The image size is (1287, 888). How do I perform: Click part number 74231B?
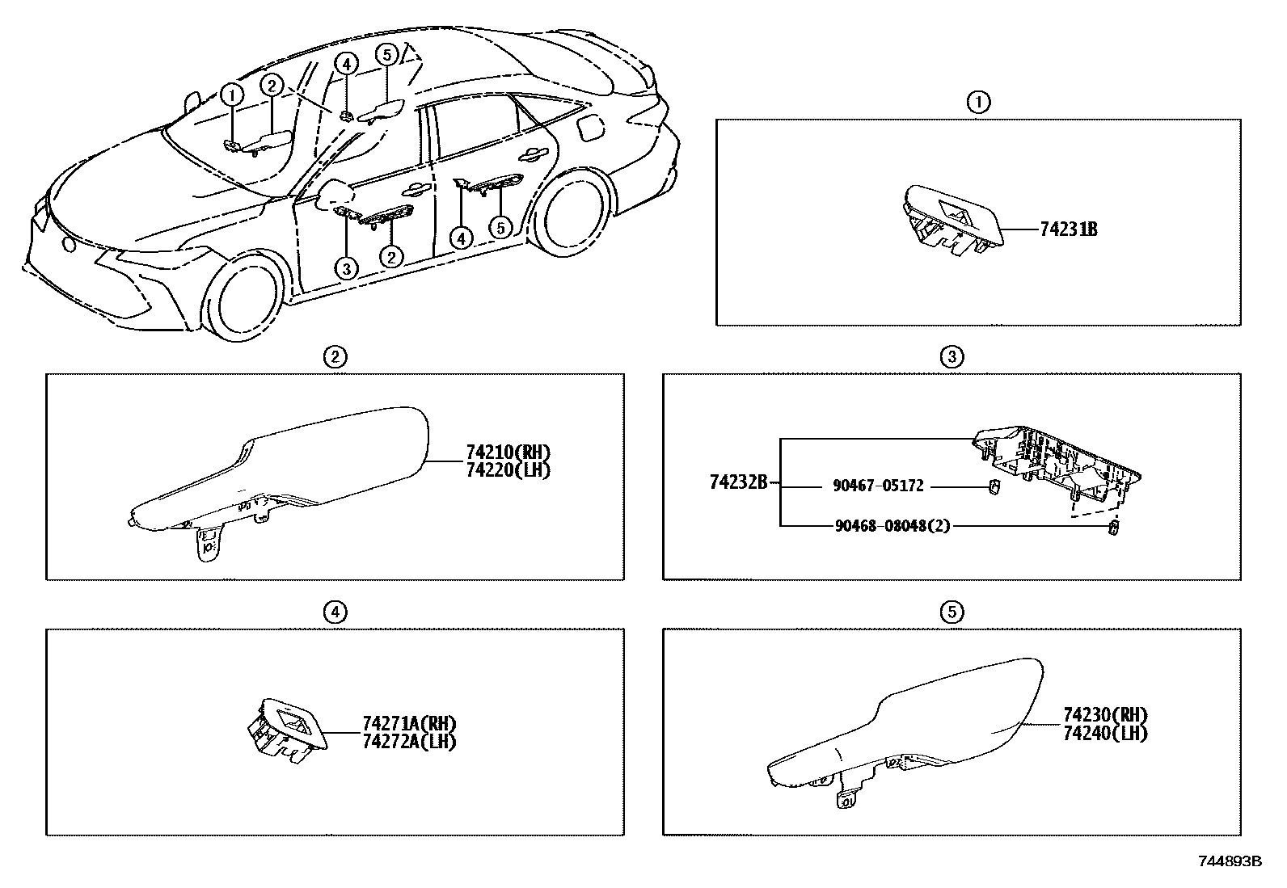click(x=1068, y=229)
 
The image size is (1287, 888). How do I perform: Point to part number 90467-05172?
click(x=877, y=486)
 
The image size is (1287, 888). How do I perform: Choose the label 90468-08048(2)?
click(x=891, y=526)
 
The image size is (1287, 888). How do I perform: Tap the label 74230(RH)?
click(x=1105, y=715)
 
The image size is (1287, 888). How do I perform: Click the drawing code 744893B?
click(x=1229, y=862)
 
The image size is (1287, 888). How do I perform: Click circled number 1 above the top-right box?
click(x=978, y=103)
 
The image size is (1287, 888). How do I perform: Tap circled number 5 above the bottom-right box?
click(x=952, y=613)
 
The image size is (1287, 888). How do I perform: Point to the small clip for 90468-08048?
click(x=1113, y=529)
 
